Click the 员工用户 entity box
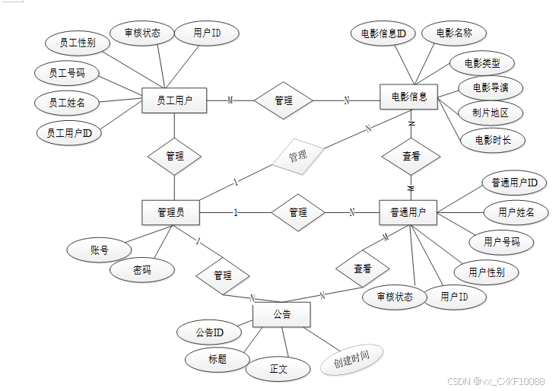[174, 100]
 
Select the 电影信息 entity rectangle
[409, 97]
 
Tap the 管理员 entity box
[171, 212]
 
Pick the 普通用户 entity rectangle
[408, 212]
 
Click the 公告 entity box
[281, 314]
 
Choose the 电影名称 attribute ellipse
[454, 33]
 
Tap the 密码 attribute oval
[141, 270]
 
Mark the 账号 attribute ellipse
[99, 250]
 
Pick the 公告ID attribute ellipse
[209, 332]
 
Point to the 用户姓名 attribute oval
[516, 212]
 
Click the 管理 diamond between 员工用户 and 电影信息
[283, 100]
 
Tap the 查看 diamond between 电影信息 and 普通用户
[411, 156]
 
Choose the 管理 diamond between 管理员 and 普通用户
[298, 212]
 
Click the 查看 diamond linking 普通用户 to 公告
[363, 269]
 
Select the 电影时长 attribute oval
[493, 140]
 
